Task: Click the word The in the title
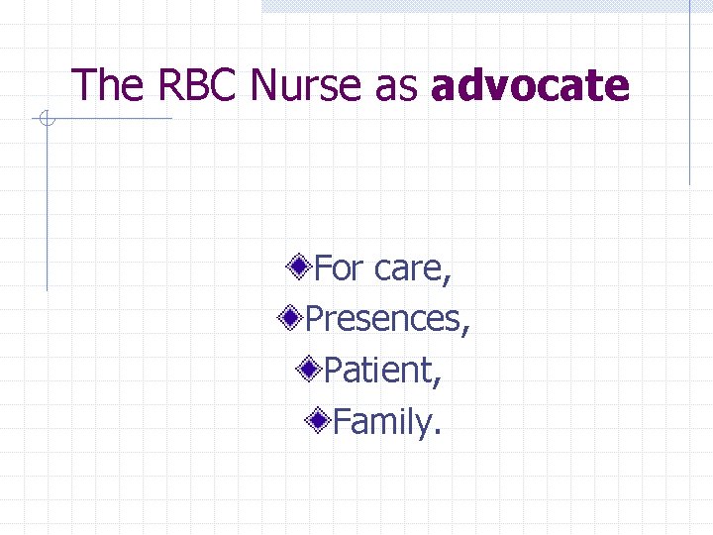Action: [106, 85]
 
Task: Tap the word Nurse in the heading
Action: [308, 85]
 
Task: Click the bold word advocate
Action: [530, 85]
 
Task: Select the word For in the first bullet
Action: [340, 267]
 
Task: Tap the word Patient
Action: [379, 371]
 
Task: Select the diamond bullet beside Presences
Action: [291, 318]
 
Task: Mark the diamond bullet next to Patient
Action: [310, 370]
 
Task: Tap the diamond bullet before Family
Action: [319, 422]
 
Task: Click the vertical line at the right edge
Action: [690, 99]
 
